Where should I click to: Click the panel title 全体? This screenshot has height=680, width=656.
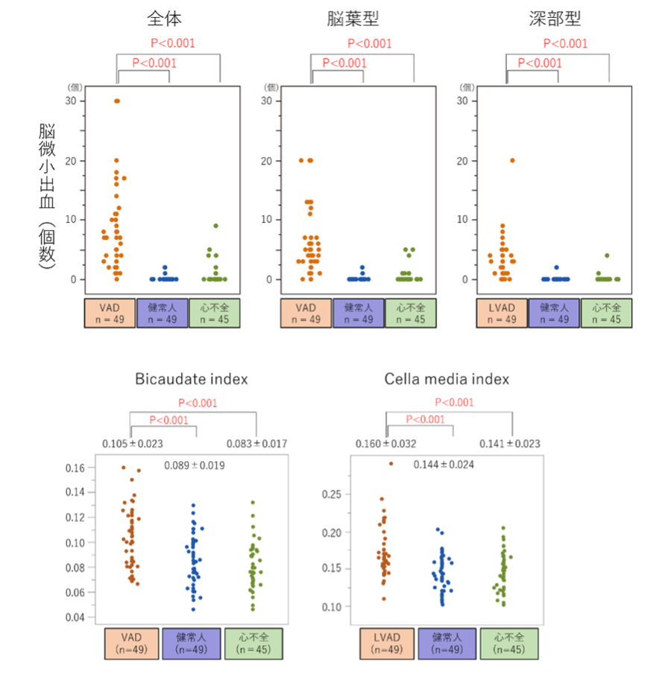tap(163, 18)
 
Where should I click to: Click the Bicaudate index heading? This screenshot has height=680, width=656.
tap(192, 379)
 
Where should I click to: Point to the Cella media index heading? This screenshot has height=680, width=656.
tap(447, 379)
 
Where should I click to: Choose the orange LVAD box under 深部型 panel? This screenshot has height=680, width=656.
tap(501, 314)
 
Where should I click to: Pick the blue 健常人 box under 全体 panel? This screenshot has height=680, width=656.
tap(162, 314)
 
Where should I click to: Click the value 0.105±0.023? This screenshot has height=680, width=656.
tap(133, 445)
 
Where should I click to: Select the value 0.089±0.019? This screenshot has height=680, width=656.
tap(195, 465)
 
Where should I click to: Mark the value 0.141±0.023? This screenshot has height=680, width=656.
tap(511, 445)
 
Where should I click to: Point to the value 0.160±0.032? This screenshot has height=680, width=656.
tap(387, 445)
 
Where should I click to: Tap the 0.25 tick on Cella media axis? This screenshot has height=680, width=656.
tap(332, 494)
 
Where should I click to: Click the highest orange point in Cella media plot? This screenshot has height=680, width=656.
tap(390, 464)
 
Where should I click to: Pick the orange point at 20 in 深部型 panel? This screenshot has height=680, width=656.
tap(512, 160)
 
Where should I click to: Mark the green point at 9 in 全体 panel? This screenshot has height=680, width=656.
tap(215, 226)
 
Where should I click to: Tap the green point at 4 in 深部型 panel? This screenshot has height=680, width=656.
tap(607, 255)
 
